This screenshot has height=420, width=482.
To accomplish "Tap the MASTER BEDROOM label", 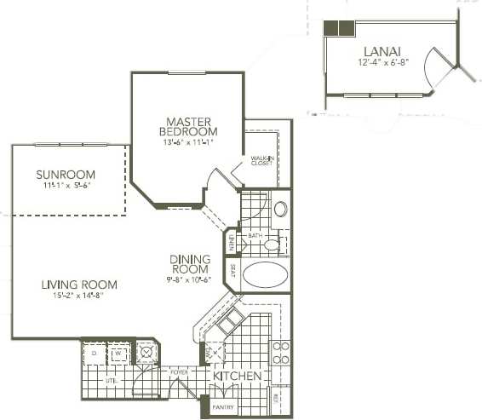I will [188, 126].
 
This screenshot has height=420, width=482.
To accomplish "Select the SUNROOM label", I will [65, 175].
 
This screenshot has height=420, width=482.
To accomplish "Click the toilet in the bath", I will [272, 245].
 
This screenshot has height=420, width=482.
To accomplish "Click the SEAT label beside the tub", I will [231, 273].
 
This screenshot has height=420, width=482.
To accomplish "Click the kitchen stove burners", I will [280, 352].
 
